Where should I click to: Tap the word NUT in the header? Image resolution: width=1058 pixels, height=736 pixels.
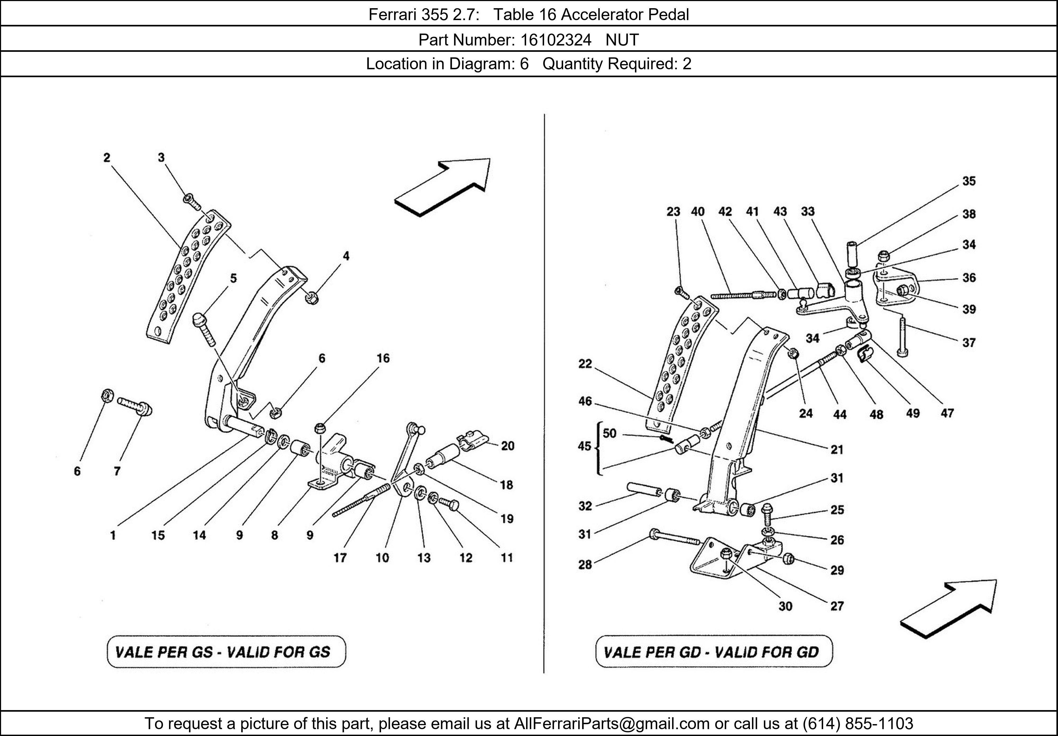coord(622,40)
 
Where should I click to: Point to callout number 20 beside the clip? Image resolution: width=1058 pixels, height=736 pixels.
coord(507,445)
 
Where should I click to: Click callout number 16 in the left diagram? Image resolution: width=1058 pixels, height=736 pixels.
coord(383,358)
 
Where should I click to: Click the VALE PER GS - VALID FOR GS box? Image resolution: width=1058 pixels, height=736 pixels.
coord(226,652)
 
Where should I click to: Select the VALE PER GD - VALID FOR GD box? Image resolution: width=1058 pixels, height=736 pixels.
coord(714,652)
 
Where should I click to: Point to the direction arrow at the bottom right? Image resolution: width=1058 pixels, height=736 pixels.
coord(948,609)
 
